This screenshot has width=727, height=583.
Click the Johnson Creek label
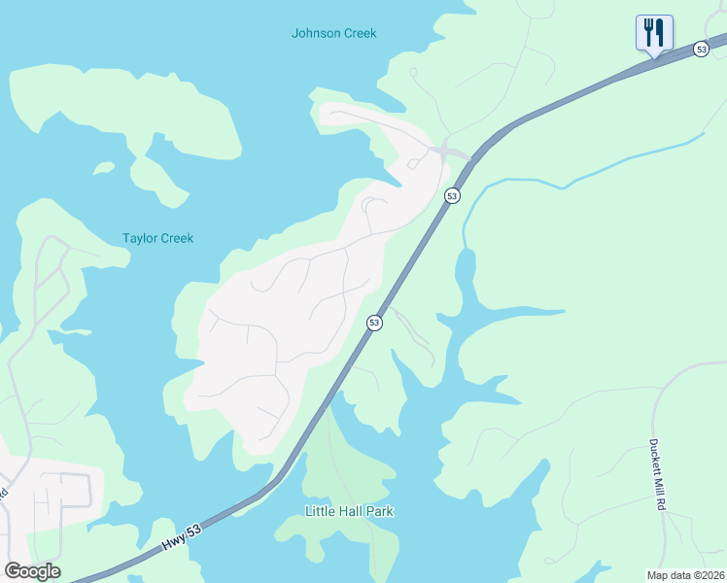(x=333, y=33)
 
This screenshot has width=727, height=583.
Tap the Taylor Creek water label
(x=157, y=238)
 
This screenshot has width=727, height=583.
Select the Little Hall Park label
(x=349, y=511)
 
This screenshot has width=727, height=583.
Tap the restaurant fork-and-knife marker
(x=654, y=32)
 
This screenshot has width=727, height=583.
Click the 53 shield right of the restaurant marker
(x=701, y=49)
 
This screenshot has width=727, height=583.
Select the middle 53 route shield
(x=452, y=196)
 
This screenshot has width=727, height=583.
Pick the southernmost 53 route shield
(x=373, y=323)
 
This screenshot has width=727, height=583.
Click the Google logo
(x=32, y=571)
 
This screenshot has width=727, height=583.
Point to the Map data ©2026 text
(x=685, y=575)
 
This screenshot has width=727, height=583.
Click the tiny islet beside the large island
(x=103, y=169)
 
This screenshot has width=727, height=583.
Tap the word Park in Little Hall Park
(x=379, y=511)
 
